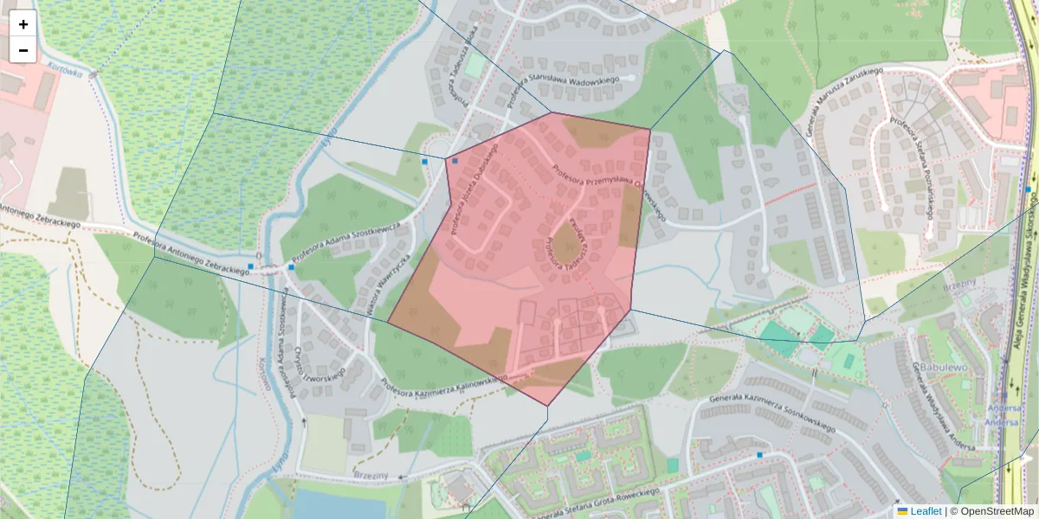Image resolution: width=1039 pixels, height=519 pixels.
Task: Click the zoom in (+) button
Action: [x=23, y=24]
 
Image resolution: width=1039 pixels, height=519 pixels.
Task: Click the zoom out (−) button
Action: [x=23, y=50]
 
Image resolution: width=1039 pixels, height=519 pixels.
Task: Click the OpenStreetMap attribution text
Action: [x=994, y=511]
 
